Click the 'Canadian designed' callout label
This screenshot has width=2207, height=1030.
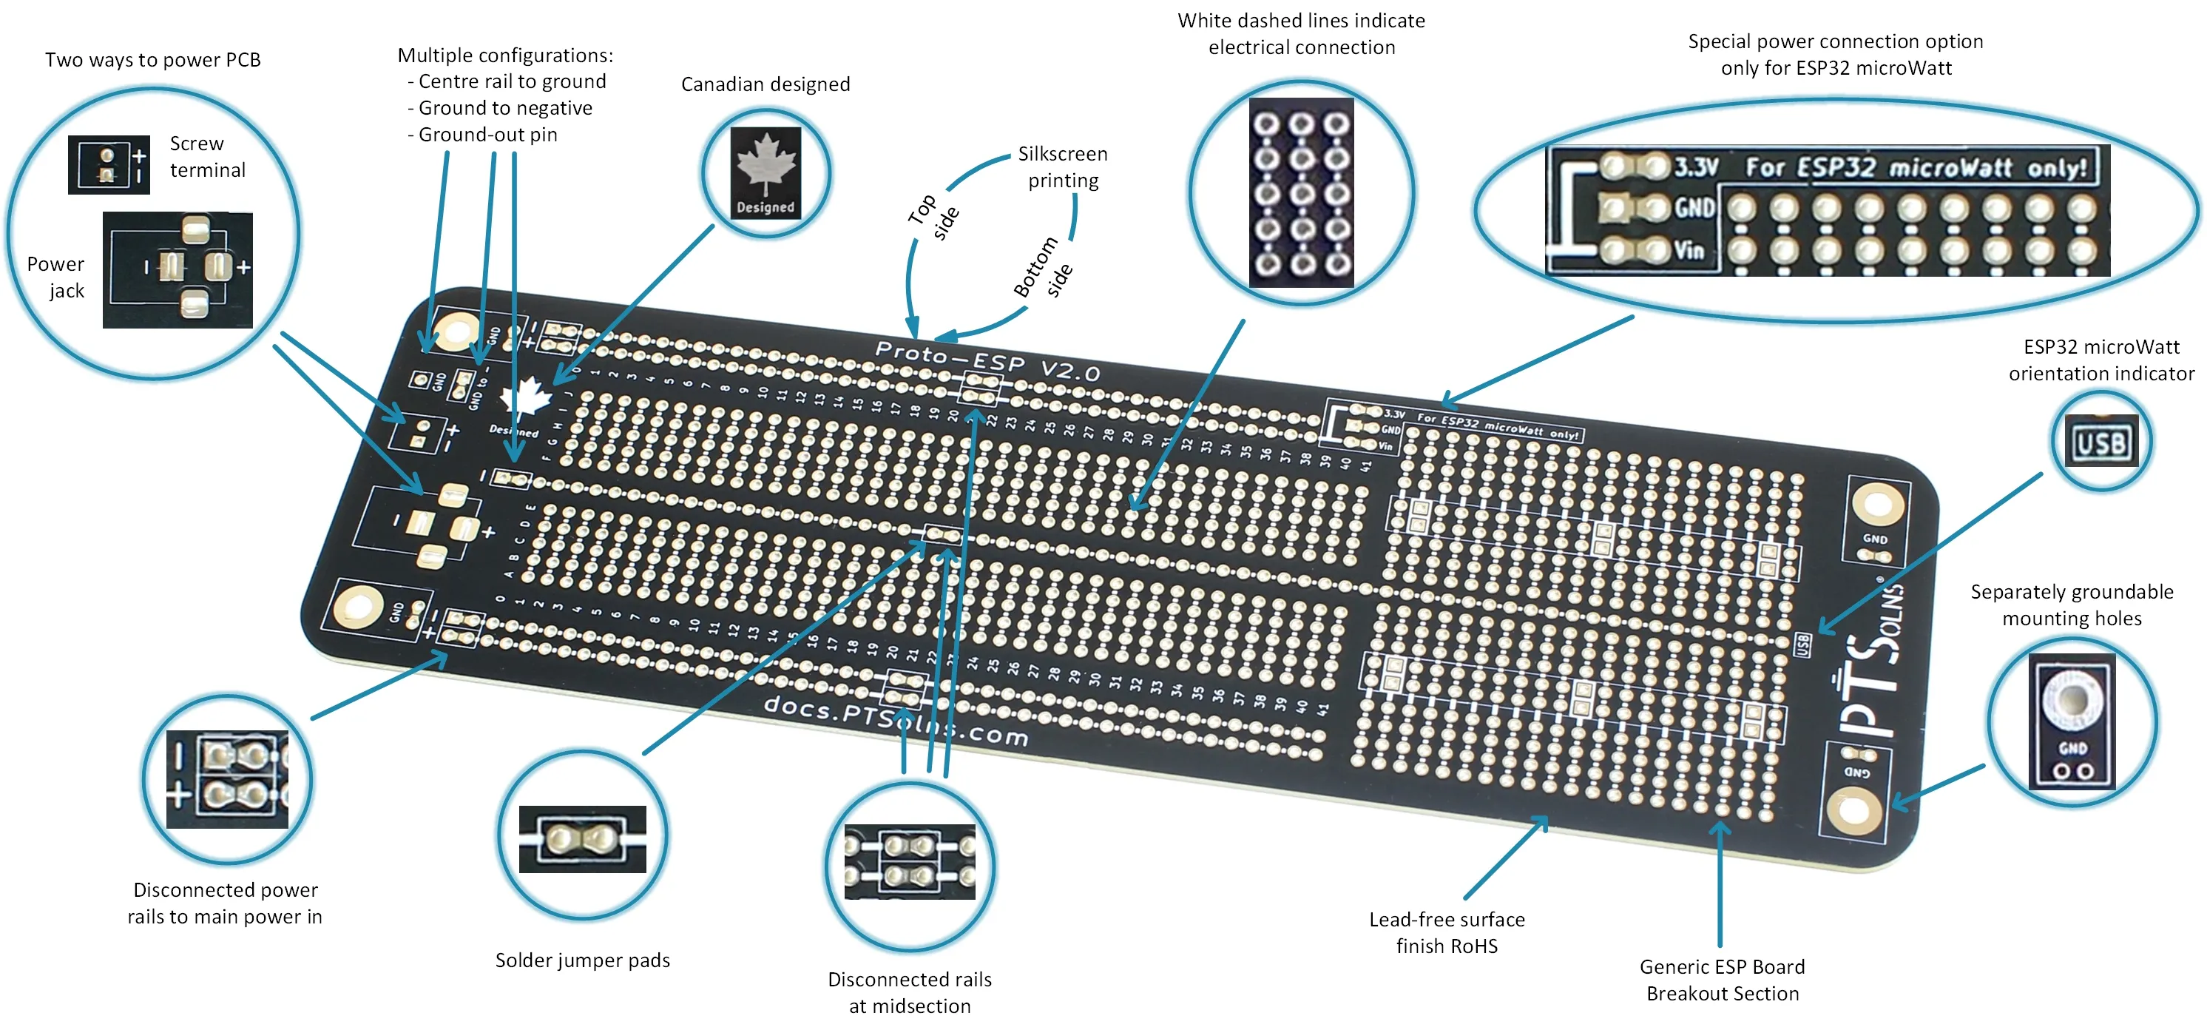pos(765,84)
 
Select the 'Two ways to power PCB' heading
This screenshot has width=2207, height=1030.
pos(152,60)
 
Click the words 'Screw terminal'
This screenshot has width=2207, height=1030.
pos(206,157)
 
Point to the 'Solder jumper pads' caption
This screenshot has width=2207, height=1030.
pos(583,960)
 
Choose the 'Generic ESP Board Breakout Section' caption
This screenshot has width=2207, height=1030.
pos(1722,980)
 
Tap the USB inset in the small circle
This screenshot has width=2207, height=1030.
pos(2100,442)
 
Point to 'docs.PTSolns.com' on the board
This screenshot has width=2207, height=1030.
pos(896,720)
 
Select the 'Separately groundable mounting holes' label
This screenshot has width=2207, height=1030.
pos(2072,605)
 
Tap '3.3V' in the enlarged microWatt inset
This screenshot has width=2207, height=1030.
pos(1695,167)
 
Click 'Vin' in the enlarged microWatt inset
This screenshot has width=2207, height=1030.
pos(1689,250)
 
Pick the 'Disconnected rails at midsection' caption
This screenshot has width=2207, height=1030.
pos(910,992)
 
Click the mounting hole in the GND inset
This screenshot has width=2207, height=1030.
pos(2072,699)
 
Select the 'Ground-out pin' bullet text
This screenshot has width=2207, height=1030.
pos(487,135)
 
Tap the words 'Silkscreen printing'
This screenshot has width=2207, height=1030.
pos(1062,167)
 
